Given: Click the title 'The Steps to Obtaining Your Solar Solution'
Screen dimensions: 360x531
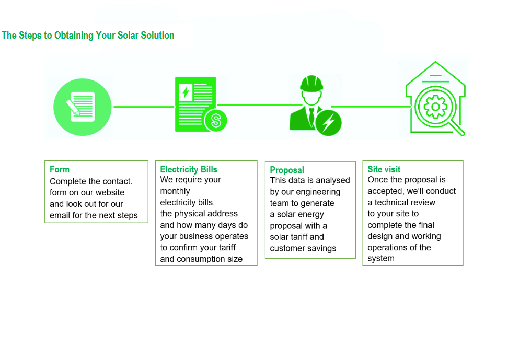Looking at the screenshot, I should (88, 36).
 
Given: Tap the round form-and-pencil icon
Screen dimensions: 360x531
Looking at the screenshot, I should (83, 107).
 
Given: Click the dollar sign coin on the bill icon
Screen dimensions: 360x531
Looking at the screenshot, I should (215, 121).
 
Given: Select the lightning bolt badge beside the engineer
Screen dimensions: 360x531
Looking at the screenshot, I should (328, 123).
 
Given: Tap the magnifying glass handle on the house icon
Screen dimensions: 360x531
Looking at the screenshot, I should (457, 129).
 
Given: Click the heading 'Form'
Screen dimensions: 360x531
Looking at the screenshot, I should (60, 169).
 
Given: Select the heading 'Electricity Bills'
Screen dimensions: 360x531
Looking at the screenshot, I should (189, 169).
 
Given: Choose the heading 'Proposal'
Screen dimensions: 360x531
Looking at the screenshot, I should (287, 170).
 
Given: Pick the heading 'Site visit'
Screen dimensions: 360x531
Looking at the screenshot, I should (384, 169).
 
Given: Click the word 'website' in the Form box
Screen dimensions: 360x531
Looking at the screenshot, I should (110, 193).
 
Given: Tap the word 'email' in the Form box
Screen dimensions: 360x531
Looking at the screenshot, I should (61, 215).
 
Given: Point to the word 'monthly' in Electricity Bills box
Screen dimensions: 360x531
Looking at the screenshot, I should (175, 191).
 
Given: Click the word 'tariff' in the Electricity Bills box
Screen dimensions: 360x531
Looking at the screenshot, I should (224, 248).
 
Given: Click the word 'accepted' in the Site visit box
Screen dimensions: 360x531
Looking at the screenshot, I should (385, 191).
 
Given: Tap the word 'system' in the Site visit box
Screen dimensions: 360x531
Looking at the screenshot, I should (381, 259).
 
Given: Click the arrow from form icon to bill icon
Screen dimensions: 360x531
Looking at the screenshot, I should (144, 107).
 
